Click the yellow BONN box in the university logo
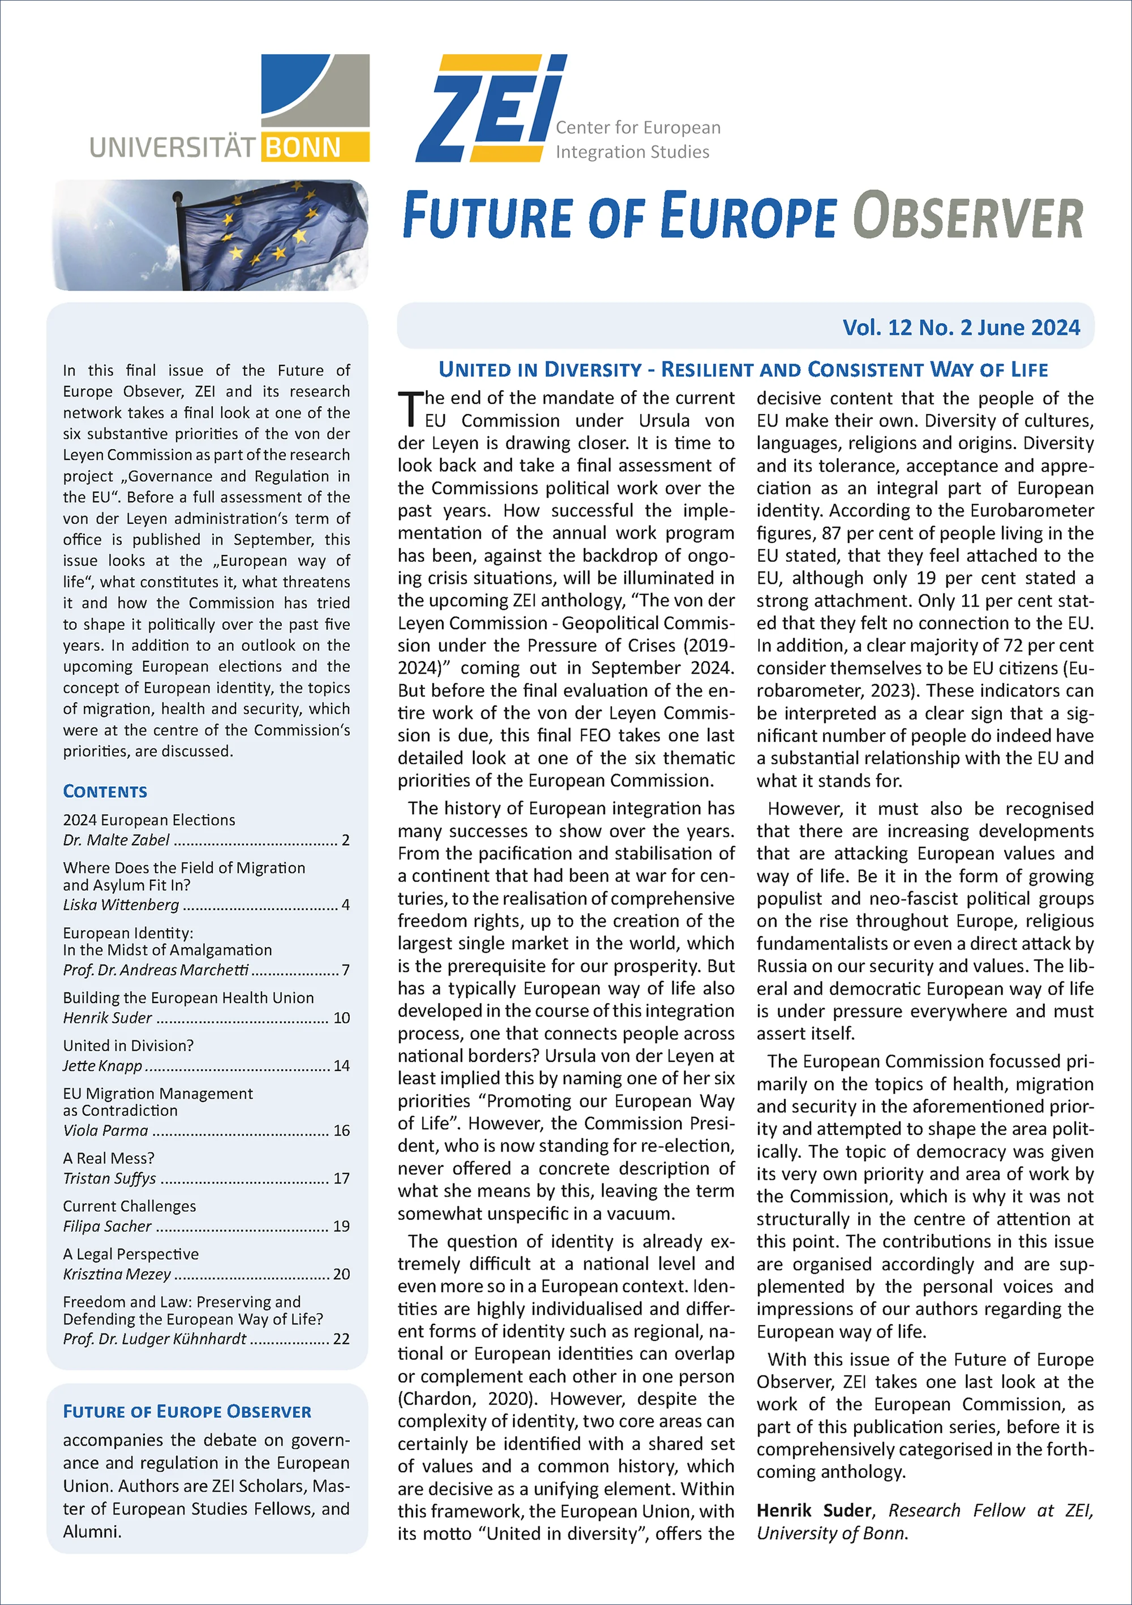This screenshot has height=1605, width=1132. pos(315,147)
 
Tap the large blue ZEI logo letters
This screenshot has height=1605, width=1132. pos(490,109)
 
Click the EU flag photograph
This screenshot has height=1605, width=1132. pos(210,235)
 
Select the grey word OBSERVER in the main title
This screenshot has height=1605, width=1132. pos(968,217)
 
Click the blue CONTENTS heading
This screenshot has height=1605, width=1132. pos(105,791)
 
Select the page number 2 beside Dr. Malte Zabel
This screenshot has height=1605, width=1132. pos(345,840)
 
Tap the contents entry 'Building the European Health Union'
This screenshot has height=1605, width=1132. pos(188,997)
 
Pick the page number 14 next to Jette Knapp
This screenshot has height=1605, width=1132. pos(341,1065)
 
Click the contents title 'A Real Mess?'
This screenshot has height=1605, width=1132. pos(108,1158)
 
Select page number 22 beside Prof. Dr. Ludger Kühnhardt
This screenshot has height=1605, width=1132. pos(341,1339)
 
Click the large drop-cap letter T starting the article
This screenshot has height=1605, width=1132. pos(410,410)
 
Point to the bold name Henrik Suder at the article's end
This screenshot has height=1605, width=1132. pos(814,1511)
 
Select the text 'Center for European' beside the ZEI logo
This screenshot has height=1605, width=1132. pos(638,127)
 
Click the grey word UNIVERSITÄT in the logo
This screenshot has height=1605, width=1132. pos(173,148)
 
